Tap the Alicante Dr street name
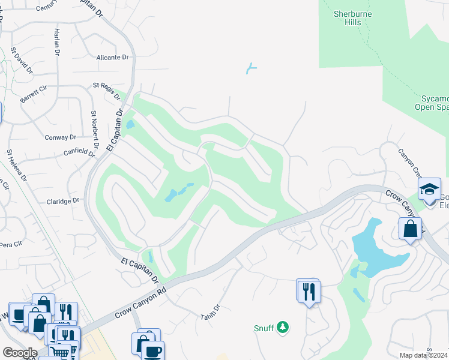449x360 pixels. pyautogui.click(x=113, y=58)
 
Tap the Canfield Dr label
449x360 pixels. pyautogui.click(x=80, y=153)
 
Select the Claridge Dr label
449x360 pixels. pyautogui.click(x=63, y=201)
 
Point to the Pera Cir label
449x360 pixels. pyautogui.click(x=11, y=244)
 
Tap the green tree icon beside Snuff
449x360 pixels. pyautogui.click(x=283, y=328)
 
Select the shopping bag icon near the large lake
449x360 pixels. pyautogui.click(x=410, y=229)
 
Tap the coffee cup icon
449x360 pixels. pyautogui.click(x=152, y=351)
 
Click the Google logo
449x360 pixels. pyautogui.click(x=20, y=353)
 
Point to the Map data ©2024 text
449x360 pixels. pyautogui.click(x=423, y=355)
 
